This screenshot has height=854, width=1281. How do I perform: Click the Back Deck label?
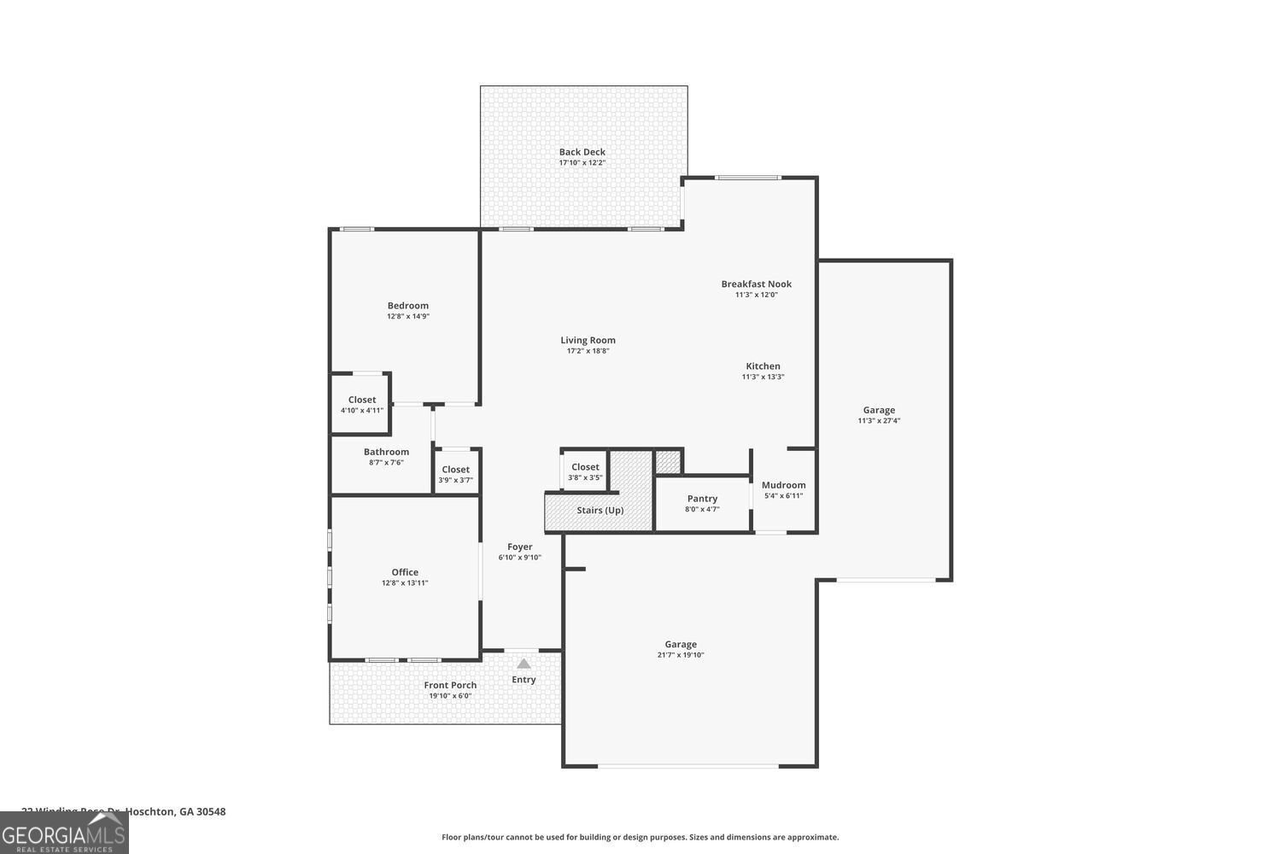coord(582,152)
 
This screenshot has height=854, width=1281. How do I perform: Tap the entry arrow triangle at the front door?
coord(524,664)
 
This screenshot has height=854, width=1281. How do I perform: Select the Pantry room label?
coord(702,499)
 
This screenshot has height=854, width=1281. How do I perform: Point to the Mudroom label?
coord(783,485)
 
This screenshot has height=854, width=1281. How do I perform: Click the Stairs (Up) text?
coord(600,511)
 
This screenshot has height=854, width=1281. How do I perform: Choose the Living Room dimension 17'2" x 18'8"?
coord(588,351)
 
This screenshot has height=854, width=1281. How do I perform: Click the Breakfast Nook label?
coord(756,284)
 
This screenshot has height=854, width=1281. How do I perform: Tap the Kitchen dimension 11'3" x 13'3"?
coord(763,377)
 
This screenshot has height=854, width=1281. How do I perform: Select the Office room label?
coord(405,572)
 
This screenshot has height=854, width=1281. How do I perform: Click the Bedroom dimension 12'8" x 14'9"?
coord(407,316)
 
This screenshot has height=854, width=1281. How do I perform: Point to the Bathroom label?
coord(386,452)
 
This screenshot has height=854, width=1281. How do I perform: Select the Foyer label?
coord(519,547)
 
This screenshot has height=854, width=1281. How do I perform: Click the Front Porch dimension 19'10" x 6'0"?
coord(450,696)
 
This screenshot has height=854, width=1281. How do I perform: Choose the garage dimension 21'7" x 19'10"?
coord(681,655)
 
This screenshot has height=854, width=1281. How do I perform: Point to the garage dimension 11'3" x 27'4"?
coord(879,420)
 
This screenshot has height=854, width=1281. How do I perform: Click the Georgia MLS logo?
coord(64,833)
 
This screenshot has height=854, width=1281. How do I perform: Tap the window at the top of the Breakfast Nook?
coord(748,178)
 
